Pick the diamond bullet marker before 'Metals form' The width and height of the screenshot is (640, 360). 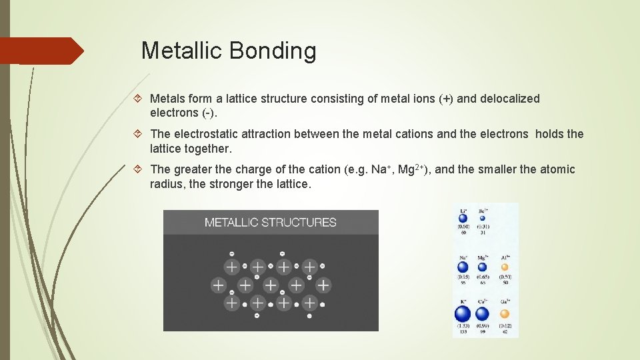(137, 99)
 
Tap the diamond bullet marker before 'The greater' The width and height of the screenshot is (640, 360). (137, 169)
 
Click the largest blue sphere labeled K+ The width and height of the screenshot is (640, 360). (463, 313)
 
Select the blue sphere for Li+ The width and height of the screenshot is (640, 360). (463, 218)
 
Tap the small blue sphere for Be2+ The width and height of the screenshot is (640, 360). (482, 218)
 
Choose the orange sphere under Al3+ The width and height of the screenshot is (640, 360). (504, 267)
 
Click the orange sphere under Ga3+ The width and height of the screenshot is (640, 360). (505, 313)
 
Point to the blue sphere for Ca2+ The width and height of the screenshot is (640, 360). (482, 313)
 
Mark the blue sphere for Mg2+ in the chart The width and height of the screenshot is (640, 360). (481, 267)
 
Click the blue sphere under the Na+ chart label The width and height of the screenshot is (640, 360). (463, 267)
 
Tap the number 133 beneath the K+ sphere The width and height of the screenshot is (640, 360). (463, 331)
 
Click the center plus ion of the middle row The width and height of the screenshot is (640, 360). (271, 285)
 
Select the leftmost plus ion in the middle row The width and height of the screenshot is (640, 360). (218, 285)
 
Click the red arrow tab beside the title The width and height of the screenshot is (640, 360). (41, 51)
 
